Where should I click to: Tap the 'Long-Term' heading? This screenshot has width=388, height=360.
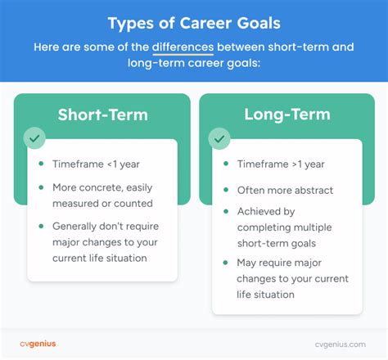click(x=286, y=115)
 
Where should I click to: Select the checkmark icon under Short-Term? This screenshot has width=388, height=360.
click(x=35, y=137)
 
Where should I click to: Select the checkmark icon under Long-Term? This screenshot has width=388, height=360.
click(x=220, y=137)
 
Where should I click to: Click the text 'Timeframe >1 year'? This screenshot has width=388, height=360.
click(x=281, y=164)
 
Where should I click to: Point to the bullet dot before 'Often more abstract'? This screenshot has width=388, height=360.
click(x=226, y=190)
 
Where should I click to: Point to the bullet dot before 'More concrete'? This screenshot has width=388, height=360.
click(x=41, y=187)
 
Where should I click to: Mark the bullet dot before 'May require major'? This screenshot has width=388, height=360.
click(x=226, y=262)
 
